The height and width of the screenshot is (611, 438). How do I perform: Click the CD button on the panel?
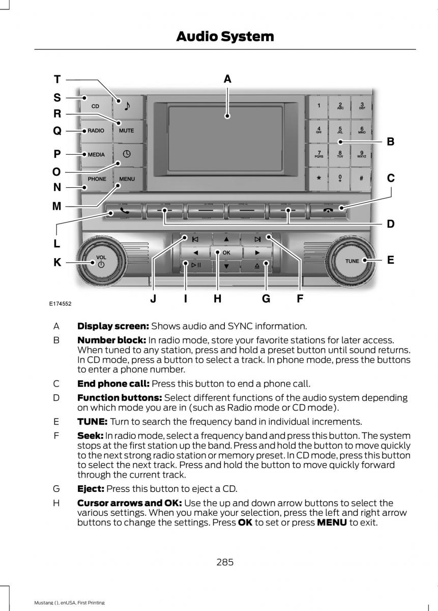coord(96,106)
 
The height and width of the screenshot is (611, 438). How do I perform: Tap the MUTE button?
coord(127,131)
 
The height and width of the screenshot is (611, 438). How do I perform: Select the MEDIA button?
coord(96,155)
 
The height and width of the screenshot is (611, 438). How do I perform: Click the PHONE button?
coord(97,179)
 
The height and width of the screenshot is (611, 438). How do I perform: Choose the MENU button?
coord(127,179)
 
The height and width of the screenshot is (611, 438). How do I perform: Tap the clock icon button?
coord(127,155)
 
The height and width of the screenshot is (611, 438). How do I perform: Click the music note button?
coord(127,106)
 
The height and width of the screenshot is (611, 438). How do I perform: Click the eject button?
coord(258,265)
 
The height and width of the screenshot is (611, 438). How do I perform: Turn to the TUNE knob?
coord(352,261)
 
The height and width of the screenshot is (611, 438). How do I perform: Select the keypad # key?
coord(361,179)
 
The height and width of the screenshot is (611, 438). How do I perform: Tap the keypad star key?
coord(319,179)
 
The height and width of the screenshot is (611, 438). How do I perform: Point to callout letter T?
coord(57,79)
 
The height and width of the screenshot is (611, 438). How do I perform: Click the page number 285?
coord(224,562)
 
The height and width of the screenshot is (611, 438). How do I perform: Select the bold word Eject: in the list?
coord(91,489)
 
